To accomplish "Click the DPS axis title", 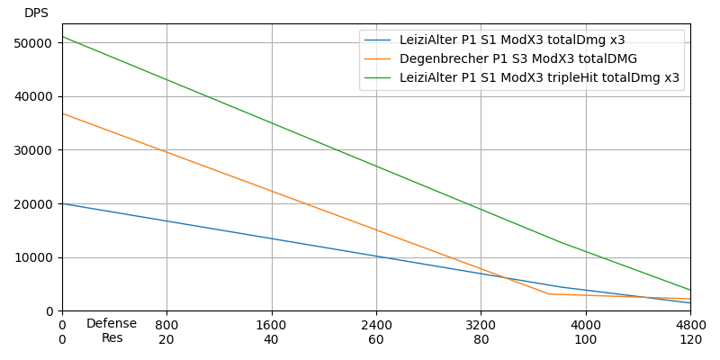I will (36, 13).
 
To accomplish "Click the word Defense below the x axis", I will (112, 324).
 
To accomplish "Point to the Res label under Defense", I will (112, 338).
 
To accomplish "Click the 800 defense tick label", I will (166, 325).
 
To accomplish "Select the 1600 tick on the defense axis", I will (272, 325).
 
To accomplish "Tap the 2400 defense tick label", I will (376, 325).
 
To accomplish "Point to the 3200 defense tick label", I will (481, 325).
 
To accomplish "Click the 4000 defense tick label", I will (586, 325).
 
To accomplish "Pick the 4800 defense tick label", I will (690, 325).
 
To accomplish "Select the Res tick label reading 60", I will (376, 340).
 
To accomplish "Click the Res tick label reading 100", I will (586, 340).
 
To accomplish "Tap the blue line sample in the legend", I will (378, 40).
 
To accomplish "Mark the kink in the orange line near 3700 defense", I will (548, 293).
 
